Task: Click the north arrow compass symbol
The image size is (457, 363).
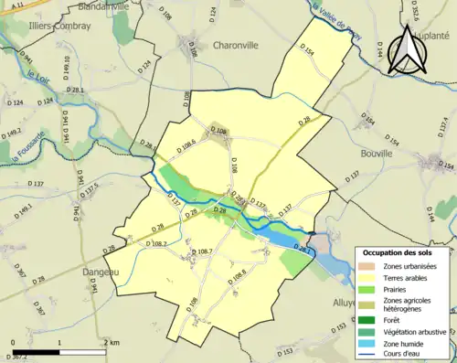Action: (x=402, y=50)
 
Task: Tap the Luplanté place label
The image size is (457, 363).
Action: (x=432, y=36)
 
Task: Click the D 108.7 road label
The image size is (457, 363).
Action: (x=200, y=251)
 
